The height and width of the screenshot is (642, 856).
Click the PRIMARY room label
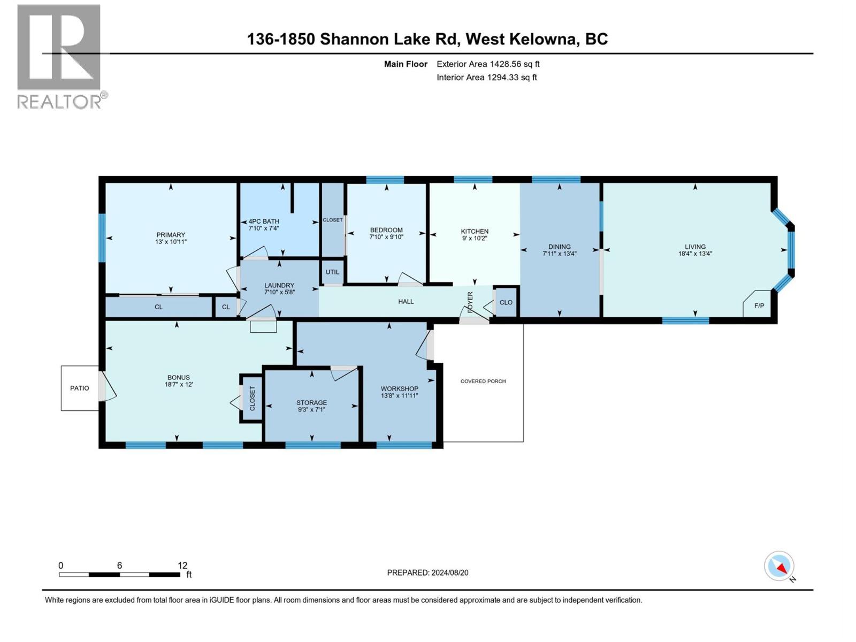coord(171,235)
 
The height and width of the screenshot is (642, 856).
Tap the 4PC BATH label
coord(264,221)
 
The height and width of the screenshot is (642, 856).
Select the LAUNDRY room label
coord(279,285)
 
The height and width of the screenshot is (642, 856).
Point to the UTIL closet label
coord(332,272)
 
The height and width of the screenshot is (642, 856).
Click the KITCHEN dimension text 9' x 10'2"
coord(475,239)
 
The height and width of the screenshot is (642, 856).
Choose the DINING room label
coord(559,247)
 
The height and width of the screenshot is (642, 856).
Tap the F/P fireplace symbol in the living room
coord(759,306)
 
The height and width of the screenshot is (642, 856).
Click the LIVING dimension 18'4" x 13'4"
coord(695,254)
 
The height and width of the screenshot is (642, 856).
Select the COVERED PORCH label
coord(483,381)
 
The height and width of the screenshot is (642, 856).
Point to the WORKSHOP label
coord(399,388)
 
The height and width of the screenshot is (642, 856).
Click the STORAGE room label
coord(311,402)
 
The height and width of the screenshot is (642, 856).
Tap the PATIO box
coord(80,388)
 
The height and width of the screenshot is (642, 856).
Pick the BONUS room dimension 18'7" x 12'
coord(179,384)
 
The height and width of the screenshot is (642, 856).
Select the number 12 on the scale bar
coord(182,565)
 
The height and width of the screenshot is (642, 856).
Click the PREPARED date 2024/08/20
coord(449,572)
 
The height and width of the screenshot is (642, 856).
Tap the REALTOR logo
coord(60,56)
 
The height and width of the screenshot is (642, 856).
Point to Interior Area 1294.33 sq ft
coord(486,77)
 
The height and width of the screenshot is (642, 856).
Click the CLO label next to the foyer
coord(506,302)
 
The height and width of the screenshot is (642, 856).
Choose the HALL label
coord(406,301)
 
